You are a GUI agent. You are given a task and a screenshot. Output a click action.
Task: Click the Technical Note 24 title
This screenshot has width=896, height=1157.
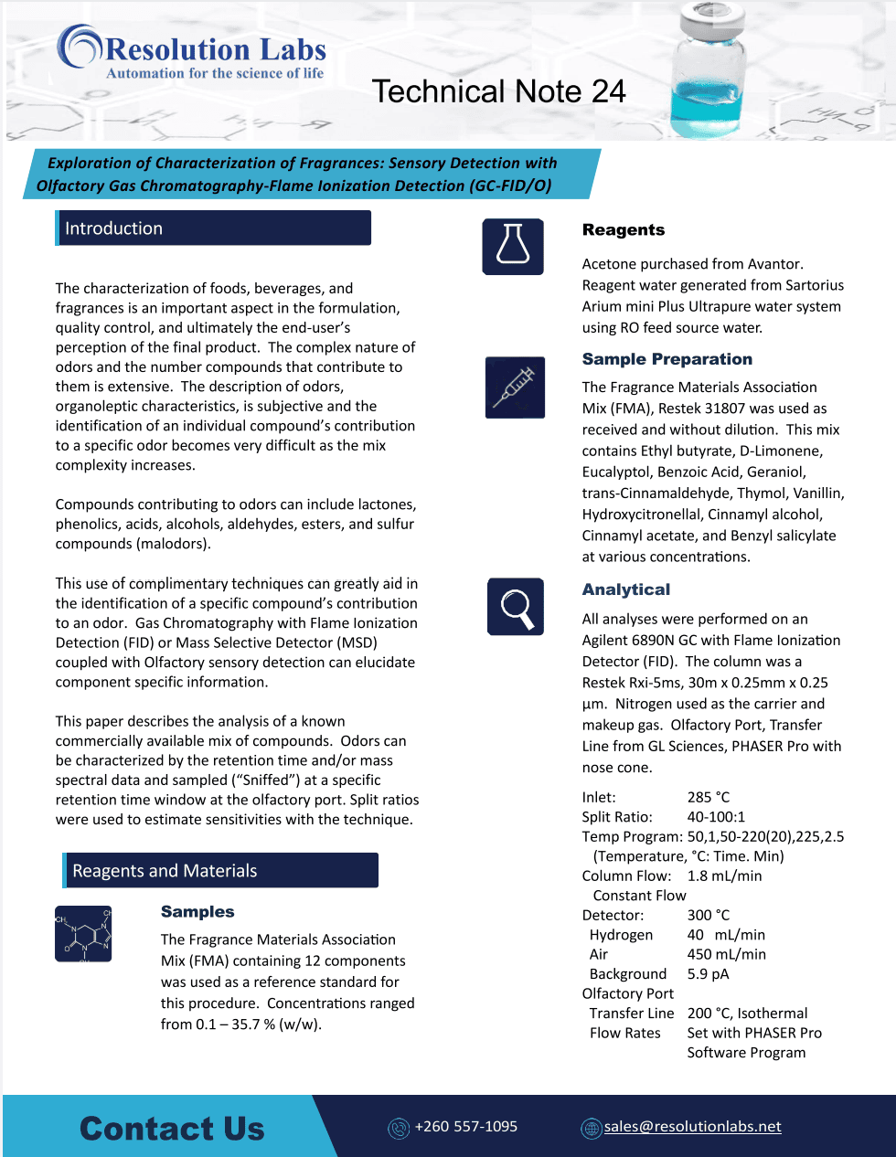pyautogui.click(x=498, y=91)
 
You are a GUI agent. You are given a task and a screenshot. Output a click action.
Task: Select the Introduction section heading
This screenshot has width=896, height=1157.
pyautogui.click(x=114, y=228)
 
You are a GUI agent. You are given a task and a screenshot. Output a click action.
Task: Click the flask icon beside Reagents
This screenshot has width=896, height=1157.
pyautogui.click(x=513, y=247)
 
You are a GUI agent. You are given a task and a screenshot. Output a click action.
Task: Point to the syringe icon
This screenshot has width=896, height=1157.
pyautogui.click(x=515, y=387)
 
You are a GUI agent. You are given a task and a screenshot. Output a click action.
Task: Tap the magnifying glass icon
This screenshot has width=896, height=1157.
pyautogui.click(x=516, y=607)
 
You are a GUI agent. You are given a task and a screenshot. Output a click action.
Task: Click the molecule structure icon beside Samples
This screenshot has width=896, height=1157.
pyautogui.click(x=83, y=933)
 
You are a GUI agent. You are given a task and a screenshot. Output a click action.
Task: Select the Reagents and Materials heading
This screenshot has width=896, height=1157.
pyautogui.click(x=165, y=871)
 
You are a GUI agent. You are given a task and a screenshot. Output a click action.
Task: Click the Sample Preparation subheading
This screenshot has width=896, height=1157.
pyautogui.click(x=667, y=359)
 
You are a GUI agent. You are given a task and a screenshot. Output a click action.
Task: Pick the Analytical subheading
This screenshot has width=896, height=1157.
pyautogui.click(x=626, y=589)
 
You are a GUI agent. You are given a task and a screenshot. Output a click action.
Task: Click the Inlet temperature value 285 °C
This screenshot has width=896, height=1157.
pyautogui.click(x=709, y=797)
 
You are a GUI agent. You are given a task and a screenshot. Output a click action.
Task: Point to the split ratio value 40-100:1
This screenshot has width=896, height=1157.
pyautogui.click(x=716, y=817)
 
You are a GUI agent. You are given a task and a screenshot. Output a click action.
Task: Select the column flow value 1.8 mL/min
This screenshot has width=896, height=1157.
pyautogui.click(x=724, y=876)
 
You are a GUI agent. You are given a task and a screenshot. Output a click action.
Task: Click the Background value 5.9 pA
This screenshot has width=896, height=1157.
pyautogui.click(x=708, y=974)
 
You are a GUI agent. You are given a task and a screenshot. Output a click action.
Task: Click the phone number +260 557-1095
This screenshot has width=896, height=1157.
pyautogui.click(x=465, y=1127)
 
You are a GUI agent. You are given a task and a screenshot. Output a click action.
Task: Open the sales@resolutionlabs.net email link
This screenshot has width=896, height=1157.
pyautogui.click(x=692, y=1127)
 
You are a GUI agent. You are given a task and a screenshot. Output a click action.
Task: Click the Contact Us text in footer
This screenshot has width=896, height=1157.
pyautogui.click(x=172, y=1129)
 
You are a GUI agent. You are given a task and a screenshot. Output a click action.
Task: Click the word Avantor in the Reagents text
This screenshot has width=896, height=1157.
pyautogui.click(x=773, y=264)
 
